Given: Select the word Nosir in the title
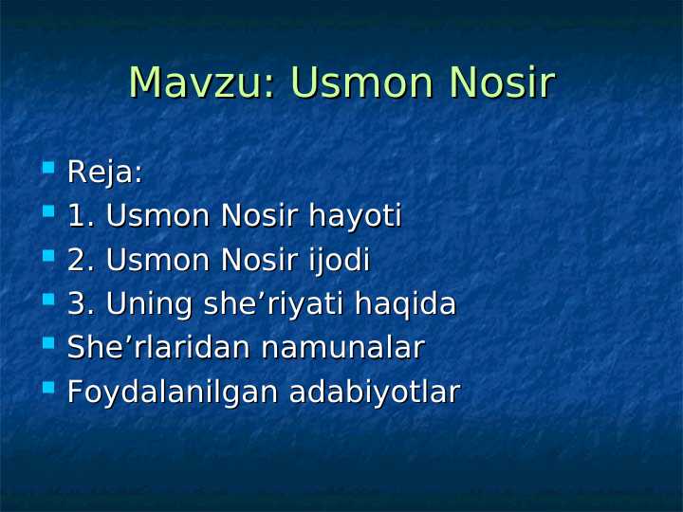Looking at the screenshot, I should (502, 83).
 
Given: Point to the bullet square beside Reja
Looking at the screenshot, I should (48, 169).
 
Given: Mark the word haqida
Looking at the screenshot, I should (405, 305).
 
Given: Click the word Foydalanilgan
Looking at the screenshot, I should (169, 392).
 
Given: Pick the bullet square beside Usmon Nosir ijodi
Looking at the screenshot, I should (48, 256).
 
